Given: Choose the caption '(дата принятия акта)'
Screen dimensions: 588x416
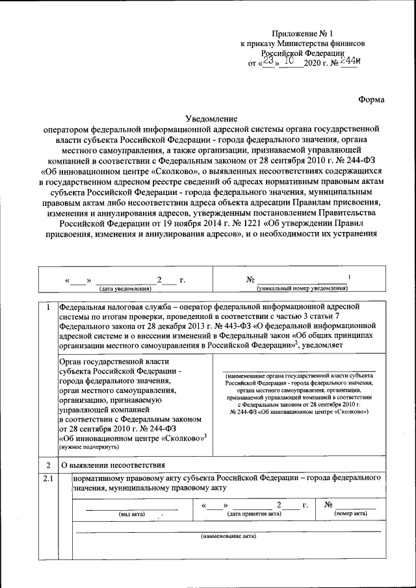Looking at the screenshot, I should [254, 513].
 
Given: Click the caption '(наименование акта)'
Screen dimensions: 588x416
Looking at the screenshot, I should [228, 537].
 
